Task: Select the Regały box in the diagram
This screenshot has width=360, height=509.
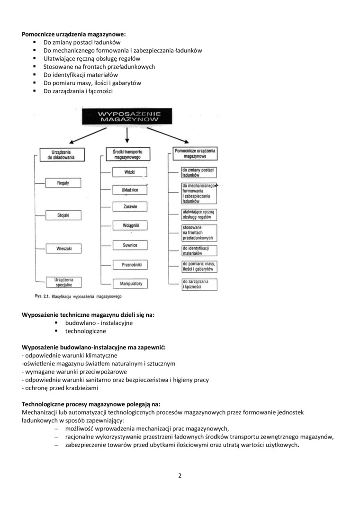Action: click(63, 183)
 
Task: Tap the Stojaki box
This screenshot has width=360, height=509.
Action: click(63, 215)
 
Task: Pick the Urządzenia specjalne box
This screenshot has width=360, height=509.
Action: click(63, 283)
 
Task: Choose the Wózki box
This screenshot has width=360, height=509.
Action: click(129, 172)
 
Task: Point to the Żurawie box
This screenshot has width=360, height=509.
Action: click(130, 207)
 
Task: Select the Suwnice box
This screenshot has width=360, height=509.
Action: click(130, 245)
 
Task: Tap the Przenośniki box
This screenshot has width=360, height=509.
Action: click(129, 265)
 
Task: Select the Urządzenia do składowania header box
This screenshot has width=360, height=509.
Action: click(63, 155)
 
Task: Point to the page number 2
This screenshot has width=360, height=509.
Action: click(180, 476)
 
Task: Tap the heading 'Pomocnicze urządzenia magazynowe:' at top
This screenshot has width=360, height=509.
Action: click(74, 35)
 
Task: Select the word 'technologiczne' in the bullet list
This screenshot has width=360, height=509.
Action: click(85, 331)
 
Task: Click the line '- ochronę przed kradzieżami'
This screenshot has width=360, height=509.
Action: click(60, 388)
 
